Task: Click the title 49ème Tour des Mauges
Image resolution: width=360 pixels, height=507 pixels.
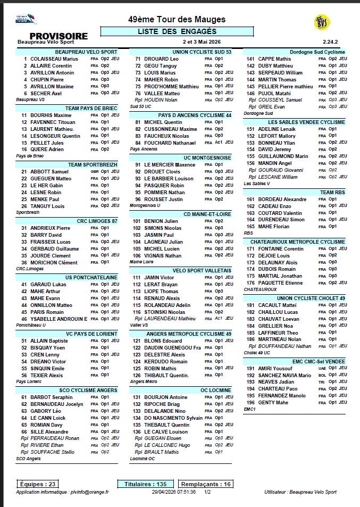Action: point(177,20)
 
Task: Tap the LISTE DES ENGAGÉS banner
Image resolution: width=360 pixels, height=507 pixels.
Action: point(177,32)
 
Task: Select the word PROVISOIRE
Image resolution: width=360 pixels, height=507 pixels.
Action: point(58,36)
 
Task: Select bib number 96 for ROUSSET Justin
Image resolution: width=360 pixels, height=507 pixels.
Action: point(138,200)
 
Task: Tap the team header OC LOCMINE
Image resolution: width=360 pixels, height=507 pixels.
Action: point(216,389)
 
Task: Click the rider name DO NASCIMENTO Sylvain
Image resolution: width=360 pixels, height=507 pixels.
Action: point(173,418)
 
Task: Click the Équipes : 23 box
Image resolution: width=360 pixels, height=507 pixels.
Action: point(37,484)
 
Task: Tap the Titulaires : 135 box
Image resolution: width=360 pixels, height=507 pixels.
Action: point(146,484)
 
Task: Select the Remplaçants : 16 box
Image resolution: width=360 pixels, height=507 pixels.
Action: point(205,484)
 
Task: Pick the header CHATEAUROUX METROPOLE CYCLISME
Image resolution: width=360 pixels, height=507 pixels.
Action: point(298,242)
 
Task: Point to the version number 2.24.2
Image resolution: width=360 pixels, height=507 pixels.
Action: point(330,41)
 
